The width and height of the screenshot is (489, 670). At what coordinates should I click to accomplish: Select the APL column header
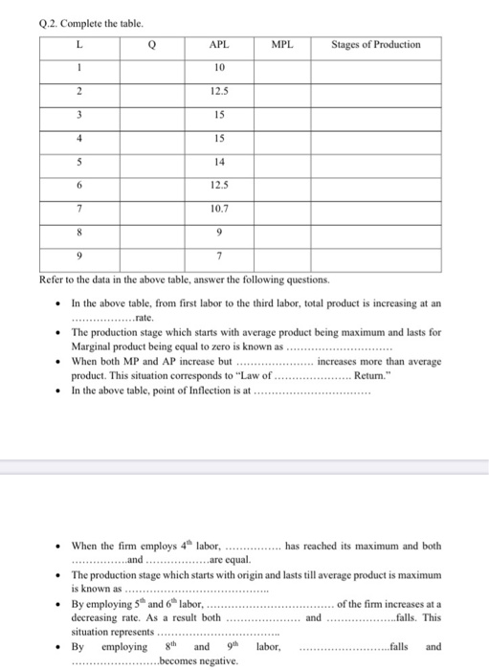(220, 45)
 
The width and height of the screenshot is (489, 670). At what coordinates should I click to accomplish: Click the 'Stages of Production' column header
(375, 45)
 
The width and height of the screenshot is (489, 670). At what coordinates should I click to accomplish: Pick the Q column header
(151, 45)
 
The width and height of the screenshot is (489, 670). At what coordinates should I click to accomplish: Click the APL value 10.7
(220, 208)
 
